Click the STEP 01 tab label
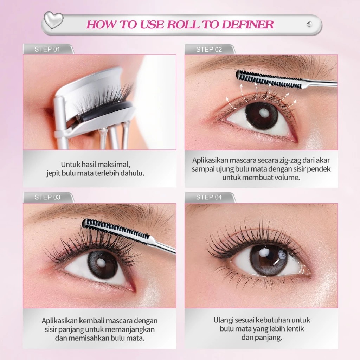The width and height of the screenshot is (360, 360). [47, 49]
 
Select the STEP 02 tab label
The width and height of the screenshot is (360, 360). [209, 50]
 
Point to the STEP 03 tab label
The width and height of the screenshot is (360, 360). [47, 197]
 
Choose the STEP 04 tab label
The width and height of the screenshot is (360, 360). [209, 197]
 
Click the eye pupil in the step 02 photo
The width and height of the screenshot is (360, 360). [262, 115]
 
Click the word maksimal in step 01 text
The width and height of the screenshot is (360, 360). [115, 164]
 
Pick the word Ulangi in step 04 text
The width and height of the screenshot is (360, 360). [223, 320]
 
